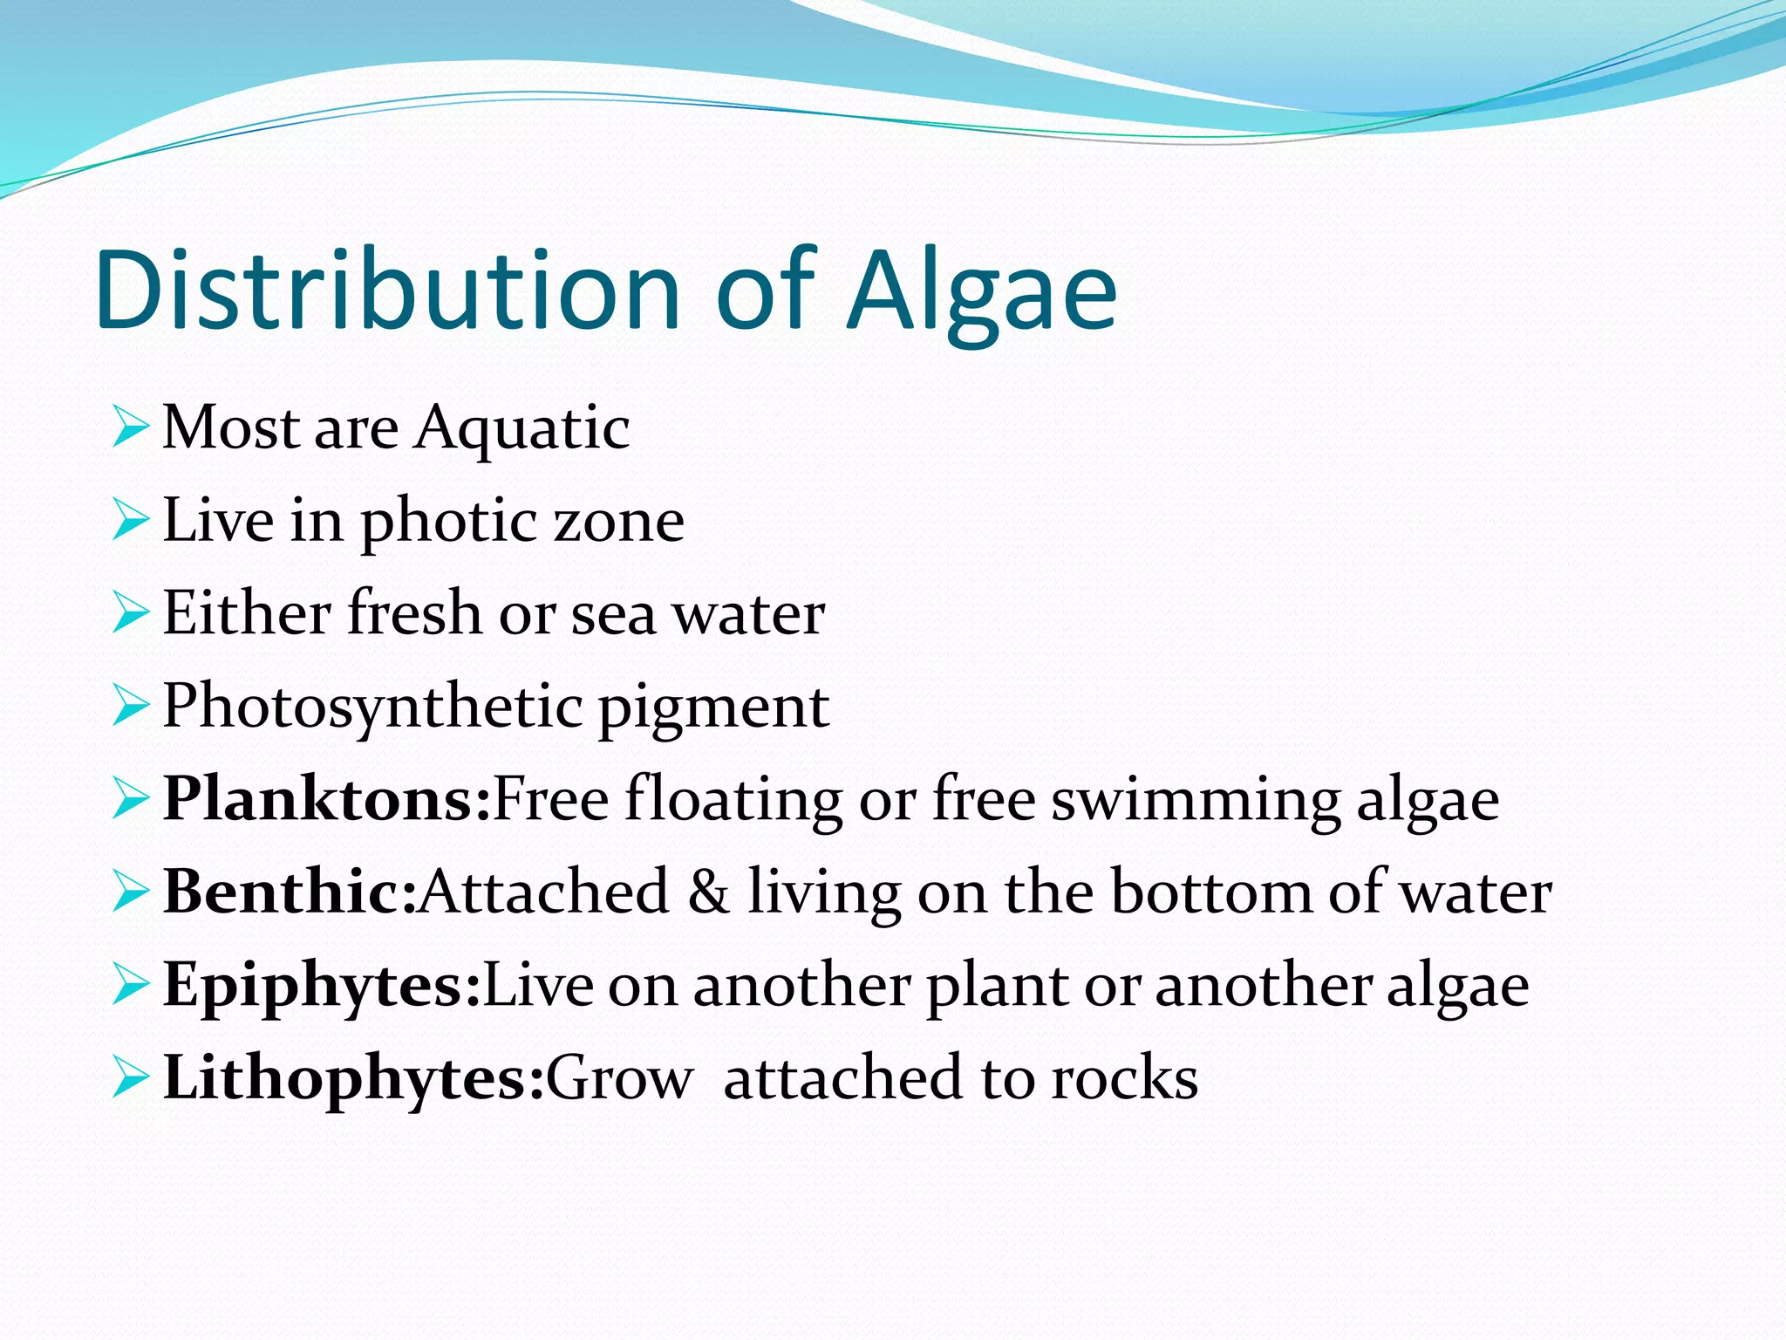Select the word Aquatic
coord(521,429)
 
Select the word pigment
coord(712,708)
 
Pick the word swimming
coord(1195,801)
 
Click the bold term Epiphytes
coord(321,986)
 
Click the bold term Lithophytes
coord(353,1079)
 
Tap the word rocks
coord(1124,1079)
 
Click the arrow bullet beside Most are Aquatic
coord(130,428)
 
